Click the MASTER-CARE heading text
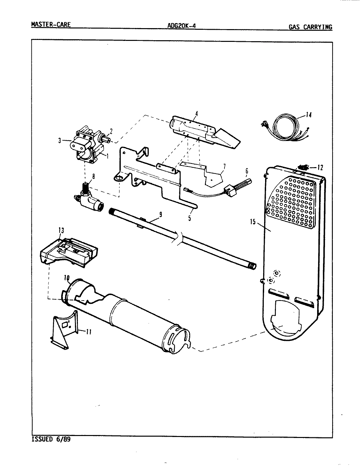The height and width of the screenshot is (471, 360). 50,25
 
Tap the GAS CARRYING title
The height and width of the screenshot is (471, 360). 310,27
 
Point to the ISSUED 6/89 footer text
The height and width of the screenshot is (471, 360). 51,439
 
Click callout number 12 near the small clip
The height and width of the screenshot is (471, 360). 320,168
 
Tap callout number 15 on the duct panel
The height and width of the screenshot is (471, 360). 252,222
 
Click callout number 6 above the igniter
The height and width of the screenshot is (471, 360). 246,171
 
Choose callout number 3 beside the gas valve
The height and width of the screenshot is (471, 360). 60,141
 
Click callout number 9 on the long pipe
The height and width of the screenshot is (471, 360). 160,215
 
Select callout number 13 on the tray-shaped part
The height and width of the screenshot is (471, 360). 61,231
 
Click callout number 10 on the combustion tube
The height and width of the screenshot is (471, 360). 67,278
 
